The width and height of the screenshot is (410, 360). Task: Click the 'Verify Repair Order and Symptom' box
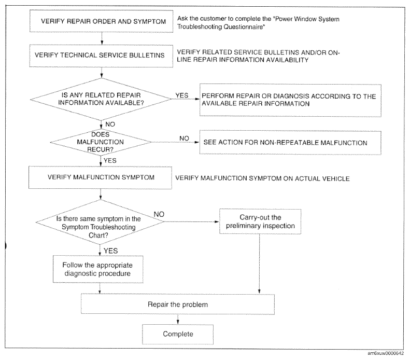(x=101, y=21)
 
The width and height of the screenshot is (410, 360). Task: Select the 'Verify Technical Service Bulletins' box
(x=101, y=56)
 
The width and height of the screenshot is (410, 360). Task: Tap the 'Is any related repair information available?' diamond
(x=101, y=99)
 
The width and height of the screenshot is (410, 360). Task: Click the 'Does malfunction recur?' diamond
(x=101, y=142)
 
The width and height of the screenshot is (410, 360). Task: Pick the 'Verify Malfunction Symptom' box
(x=100, y=177)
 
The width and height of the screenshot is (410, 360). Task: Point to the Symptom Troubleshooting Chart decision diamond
(x=100, y=222)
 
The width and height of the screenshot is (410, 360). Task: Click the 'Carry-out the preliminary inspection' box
(x=260, y=221)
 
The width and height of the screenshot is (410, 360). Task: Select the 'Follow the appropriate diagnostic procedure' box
(x=98, y=269)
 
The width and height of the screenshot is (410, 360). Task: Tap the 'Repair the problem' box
(x=178, y=304)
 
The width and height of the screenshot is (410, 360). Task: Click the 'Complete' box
(x=178, y=335)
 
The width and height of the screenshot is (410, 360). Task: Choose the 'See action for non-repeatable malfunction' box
(x=290, y=143)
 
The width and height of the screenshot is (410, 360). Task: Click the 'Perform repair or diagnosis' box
(x=290, y=100)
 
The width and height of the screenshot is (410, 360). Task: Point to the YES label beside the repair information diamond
(x=182, y=95)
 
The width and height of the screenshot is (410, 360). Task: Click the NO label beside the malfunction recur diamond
(x=184, y=138)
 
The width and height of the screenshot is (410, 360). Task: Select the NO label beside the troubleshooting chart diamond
(x=159, y=214)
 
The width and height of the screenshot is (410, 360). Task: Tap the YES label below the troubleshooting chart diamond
(x=110, y=251)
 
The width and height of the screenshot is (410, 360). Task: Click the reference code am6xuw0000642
(x=386, y=353)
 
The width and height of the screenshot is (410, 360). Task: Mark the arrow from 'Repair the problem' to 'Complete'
(x=178, y=320)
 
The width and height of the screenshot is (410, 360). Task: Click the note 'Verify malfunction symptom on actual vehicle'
(x=262, y=178)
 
